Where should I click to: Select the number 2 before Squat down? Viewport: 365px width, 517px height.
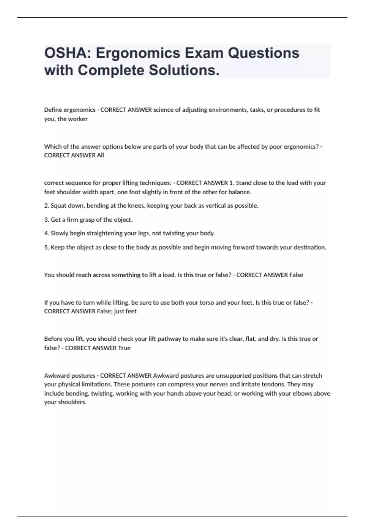[46, 206]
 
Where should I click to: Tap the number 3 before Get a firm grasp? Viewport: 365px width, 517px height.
[46, 220]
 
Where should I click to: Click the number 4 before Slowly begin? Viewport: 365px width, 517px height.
[46, 233]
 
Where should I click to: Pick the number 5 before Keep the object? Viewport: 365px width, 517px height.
[46, 247]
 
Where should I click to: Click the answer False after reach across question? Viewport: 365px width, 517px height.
[296, 275]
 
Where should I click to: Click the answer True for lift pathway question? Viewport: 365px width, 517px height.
[124, 348]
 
